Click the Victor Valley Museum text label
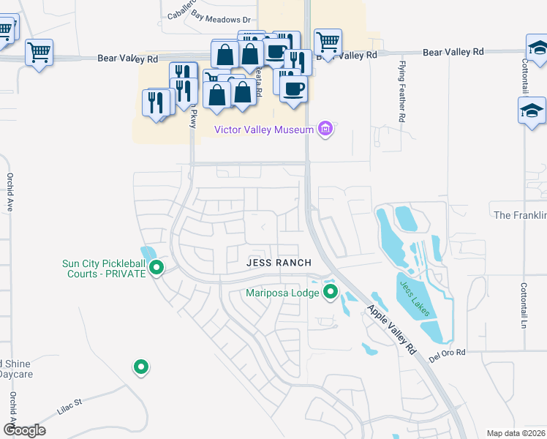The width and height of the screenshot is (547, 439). coord(264,130)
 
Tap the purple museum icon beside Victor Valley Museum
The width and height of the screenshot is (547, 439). coord(326,130)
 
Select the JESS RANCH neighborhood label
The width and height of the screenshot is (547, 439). coord(279,263)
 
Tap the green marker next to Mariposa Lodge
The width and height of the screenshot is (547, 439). coord(331,293)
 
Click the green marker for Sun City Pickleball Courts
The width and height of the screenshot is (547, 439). coord(156,269)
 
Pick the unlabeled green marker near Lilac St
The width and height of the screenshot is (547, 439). coord(140,367)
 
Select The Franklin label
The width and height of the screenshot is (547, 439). coord(520,215)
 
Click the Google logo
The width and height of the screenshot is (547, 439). coord(24,429)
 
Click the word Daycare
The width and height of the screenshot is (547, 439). coord(16,374)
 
